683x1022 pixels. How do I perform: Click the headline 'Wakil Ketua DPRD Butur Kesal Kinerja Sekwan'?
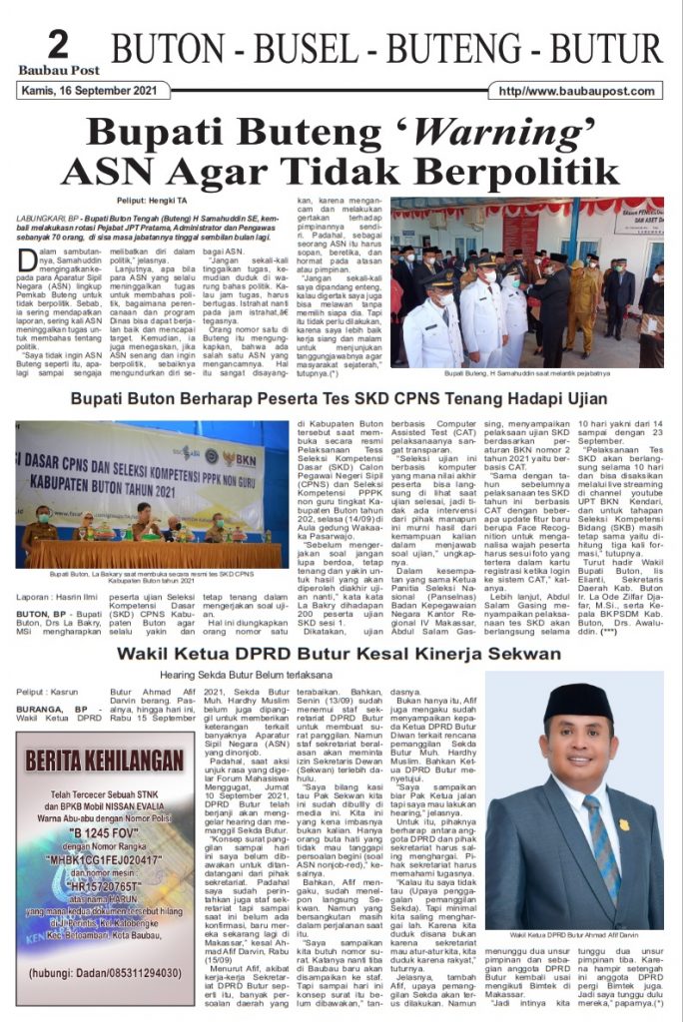(339, 654)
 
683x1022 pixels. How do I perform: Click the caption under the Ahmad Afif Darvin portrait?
(573, 935)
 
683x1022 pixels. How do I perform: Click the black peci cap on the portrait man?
(569, 707)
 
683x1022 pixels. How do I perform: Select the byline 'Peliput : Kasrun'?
(50, 691)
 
